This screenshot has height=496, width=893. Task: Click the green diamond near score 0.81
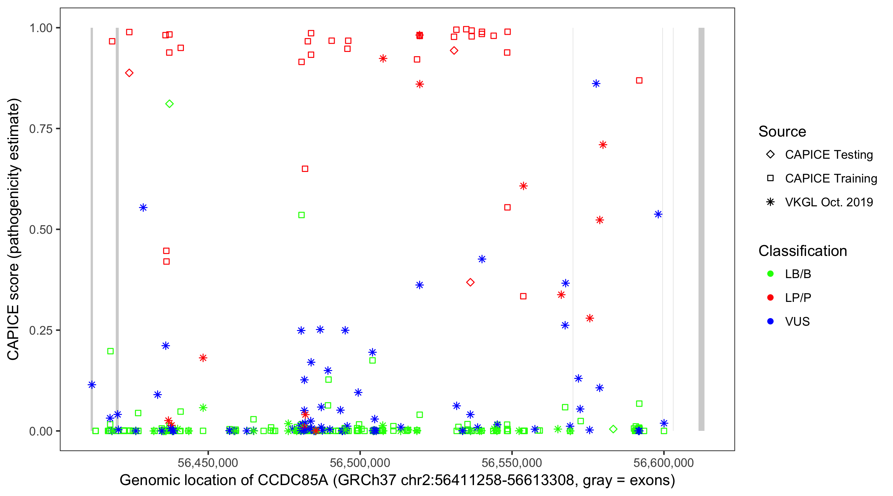[169, 103]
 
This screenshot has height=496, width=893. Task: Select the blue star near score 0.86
[596, 84]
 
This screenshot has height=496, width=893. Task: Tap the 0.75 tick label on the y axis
[40, 129]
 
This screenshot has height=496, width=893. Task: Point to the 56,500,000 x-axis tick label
[360, 463]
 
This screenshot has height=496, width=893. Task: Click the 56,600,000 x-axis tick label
[663, 463]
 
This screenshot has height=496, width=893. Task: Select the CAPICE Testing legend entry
[829, 155]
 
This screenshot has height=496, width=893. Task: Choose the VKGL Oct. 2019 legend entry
[829, 202]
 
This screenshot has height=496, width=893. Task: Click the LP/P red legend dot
[770, 298]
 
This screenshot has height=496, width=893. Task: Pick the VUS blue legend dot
[770, 321]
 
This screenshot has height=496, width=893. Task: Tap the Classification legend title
[802, 251]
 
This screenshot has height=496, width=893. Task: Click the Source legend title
[782, 131]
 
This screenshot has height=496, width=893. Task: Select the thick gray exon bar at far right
[701, 229]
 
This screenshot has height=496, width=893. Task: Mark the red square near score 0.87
[639, 80]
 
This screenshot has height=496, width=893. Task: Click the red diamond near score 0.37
[470, 282]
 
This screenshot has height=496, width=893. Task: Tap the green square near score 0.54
[302, 215]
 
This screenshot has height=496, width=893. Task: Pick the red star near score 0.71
[603, 145]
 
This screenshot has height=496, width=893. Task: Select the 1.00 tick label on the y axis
[40, 28]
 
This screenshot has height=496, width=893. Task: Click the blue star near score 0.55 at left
[143, 208]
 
